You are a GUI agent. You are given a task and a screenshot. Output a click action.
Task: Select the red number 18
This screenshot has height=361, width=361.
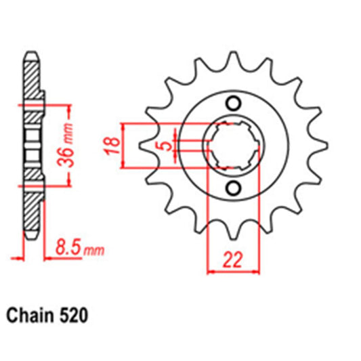(114, 144)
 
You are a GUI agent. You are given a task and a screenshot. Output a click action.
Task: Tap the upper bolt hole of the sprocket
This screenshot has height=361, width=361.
(234, 103)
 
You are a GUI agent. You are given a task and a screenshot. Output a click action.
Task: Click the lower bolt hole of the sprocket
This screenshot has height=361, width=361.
(234, 187)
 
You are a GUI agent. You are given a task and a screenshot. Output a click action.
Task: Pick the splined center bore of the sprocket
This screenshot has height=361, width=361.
(234, 144)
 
